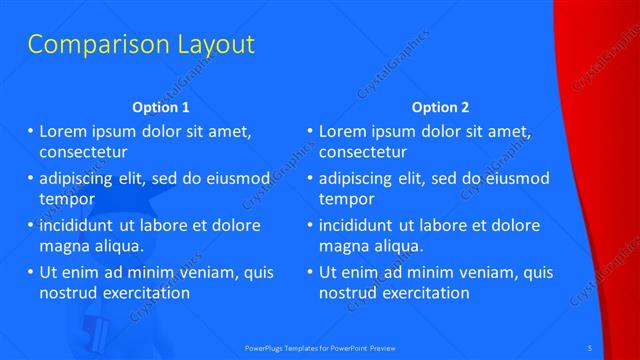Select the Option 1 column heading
coord(161,107)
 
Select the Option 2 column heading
coord(440,107)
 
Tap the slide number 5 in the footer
coord(591,346)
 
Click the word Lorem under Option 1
coord(63,131)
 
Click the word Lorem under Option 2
coord(342,131)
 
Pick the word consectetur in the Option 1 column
coord(83,152)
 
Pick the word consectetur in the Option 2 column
coord(363,152)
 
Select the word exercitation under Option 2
coord(423,293)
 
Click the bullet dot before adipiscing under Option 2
coord(310,178)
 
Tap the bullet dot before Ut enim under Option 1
coord(30,272)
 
